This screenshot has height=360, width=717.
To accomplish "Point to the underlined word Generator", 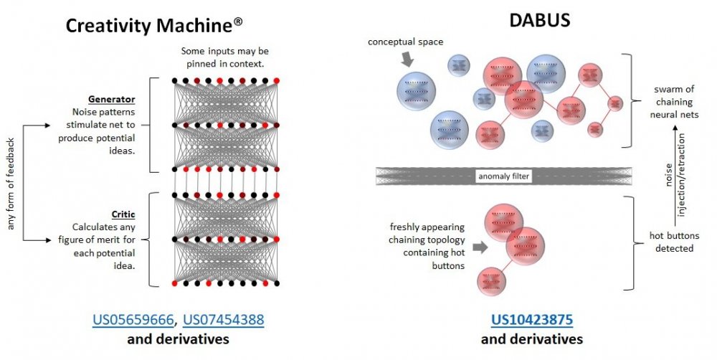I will (111, 99).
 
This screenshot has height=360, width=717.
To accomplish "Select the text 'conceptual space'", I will (405, 42).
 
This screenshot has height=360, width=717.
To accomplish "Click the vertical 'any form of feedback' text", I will (11, 184).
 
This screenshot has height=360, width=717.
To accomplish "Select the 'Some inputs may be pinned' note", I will (224, 58).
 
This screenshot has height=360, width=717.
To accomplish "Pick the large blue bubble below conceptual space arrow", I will (417, 90).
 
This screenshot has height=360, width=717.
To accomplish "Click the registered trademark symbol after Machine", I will (237, 23).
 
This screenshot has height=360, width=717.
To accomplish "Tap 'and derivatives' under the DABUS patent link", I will (531, 338).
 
